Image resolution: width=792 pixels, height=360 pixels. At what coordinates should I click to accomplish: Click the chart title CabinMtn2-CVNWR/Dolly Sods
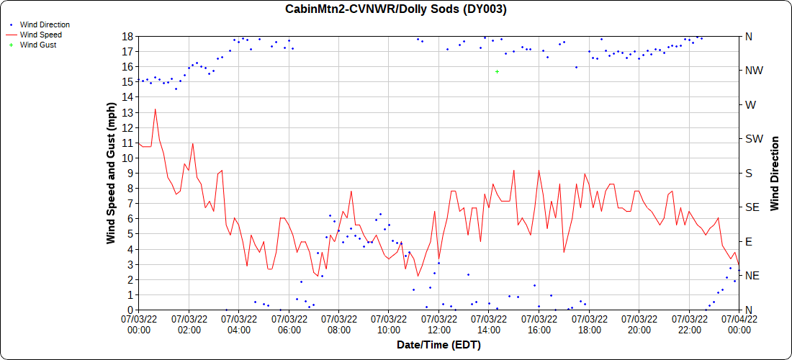(395, 9)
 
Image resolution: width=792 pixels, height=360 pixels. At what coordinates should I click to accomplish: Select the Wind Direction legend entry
(44, 24)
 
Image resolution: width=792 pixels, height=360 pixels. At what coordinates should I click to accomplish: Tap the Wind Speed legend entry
(40, 35)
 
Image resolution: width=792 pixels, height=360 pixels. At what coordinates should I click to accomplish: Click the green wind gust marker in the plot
(497, 71)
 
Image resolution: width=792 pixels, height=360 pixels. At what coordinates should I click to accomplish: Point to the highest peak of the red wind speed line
(155, 109)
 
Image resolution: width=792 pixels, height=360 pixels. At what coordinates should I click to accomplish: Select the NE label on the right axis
(750, 276)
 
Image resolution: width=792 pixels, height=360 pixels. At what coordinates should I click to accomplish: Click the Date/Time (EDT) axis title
(438, 345)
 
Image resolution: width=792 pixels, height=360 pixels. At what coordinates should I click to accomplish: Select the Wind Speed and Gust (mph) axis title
(112, 173)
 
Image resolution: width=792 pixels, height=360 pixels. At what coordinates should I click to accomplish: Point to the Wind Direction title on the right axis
(775, 173)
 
